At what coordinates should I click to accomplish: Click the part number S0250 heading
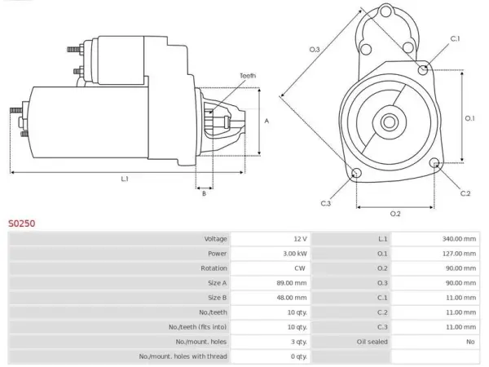coord(21,223)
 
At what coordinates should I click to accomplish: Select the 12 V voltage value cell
coord(300,239)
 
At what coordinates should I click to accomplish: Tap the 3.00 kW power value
coord(295,254)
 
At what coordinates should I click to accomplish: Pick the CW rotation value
coord(300,268)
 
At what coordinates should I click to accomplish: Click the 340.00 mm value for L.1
coord(459,239)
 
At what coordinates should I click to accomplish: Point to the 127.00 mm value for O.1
coord(459,254)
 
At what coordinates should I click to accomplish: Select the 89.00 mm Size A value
coord(292,283)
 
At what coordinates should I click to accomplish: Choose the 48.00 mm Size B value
coord(292,298)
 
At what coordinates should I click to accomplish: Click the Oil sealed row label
coord(372,342)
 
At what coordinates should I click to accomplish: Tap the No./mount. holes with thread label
coord(183,356)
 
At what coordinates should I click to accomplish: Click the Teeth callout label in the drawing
coord(248,76)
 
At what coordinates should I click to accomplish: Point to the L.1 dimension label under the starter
coord(125,179)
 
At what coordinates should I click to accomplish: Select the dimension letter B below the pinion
coord(204,193)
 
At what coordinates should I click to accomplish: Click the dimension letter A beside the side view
coord(267,121)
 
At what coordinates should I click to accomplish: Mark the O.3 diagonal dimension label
coord(315,49)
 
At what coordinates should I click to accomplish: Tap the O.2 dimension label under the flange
coord(395,214)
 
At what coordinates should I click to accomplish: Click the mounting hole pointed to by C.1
coord(422,69)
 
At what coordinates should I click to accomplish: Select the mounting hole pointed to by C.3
coord(356,173)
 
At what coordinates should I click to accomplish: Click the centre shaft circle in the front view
coord(390,122)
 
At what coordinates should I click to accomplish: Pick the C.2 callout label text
coord(465,193)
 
